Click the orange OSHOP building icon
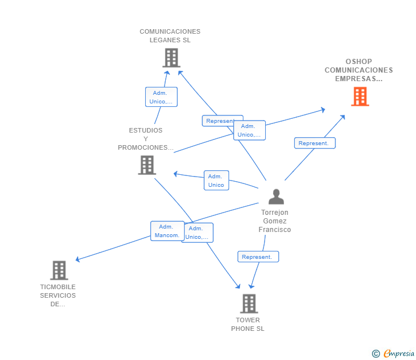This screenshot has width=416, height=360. [x=359, y=97]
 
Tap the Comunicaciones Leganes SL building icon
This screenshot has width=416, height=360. [x=171, y=58]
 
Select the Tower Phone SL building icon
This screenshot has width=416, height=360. [x=249, y=303]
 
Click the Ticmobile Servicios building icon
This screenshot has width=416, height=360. [x=59, y=270]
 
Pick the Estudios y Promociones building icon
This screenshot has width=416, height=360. [x=147, y=165]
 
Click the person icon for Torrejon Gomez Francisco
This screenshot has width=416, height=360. [x=276, y=197]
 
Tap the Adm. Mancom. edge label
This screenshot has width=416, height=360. [x=166, y=231]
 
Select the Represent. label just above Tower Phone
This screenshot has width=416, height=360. [x=258, y=257]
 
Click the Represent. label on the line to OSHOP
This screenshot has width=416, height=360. [x=314, y=143]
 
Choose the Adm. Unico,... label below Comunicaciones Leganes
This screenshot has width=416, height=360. [x=161, y=97]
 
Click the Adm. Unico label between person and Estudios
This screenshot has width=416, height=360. [x=216, y=181]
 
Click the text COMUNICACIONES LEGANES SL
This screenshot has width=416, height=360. [x=170, y=36]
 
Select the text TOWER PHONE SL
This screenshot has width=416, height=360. [x=247, y=325]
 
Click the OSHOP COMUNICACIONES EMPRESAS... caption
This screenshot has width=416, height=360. [x=358, y=70]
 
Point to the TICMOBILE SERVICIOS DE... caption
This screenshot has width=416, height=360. [x=58, y=295]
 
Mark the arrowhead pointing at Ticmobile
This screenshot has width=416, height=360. [x=77, y=260]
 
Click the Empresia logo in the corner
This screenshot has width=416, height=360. [x=399, y=354]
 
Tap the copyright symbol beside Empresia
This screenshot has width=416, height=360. [x=376, y=354]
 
